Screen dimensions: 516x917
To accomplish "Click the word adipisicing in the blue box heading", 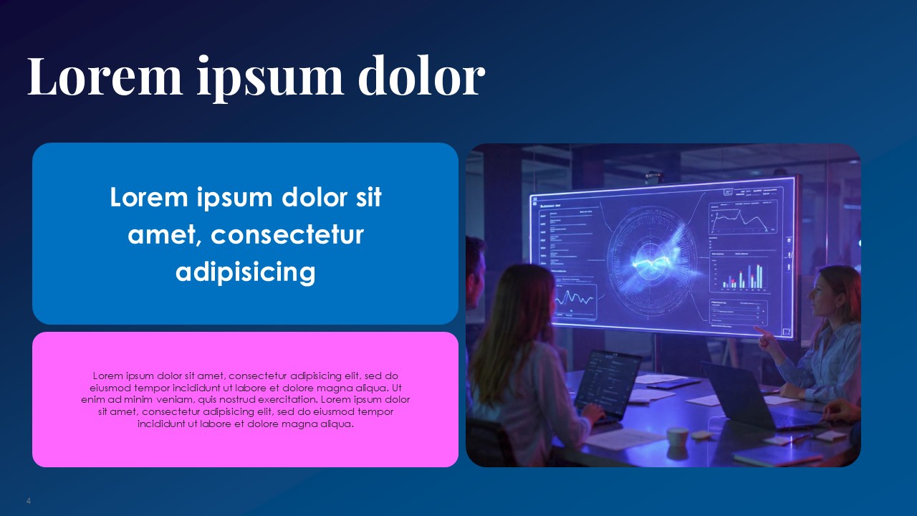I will point(245,272).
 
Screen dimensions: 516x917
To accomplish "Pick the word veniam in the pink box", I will point(170,399).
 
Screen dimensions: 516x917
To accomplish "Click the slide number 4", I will point(29,500).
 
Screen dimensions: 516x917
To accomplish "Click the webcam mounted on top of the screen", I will point(652,175).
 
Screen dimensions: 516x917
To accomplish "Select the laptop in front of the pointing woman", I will point(745,394).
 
